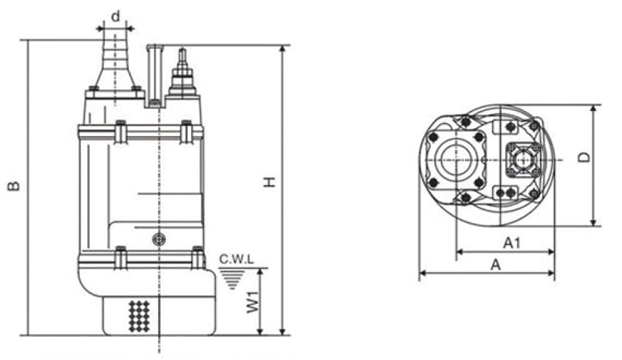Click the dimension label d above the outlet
[x=116, y=17]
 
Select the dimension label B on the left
[x=14, y=186]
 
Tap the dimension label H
[x=270, y=182]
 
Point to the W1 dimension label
[x=253, y=302]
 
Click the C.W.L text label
[x=237, y=260]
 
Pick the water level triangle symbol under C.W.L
[x=233, y=279]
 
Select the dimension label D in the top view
[x=584, y=157]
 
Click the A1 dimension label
[x=512, y=242]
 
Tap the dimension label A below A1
[x=496, y=264]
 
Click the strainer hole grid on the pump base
[x=139, y=316]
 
